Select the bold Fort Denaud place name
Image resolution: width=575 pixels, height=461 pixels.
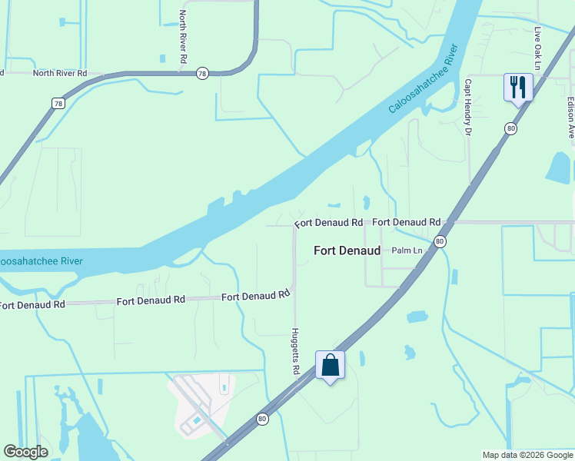tap(347, 250)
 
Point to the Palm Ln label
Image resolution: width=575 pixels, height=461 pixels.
tap(407, 250)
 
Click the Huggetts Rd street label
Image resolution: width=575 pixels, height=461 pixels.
tap(295, 351)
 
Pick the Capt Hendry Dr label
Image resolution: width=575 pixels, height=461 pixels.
tap(467, 108)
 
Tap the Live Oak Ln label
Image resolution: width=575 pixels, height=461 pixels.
tap(538, 45)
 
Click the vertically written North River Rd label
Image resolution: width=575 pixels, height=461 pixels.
tap(183, 36)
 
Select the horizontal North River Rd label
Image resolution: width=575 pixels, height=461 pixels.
tap(60, 73)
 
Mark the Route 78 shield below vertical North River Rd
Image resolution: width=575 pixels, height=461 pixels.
tap(202, 72)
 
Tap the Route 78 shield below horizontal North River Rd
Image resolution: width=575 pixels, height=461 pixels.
tap(58, 103)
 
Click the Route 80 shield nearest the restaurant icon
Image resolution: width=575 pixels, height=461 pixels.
tap(510, 128)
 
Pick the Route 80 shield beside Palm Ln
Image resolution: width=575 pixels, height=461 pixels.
tap(439, 241)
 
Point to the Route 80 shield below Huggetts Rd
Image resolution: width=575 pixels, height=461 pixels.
tap(263, 419)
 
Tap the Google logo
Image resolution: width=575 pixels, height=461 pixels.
tap(26, 452)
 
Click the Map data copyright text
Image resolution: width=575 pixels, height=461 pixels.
tap(527, 455)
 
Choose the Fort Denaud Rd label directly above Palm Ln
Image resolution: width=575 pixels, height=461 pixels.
tap(407, 222)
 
